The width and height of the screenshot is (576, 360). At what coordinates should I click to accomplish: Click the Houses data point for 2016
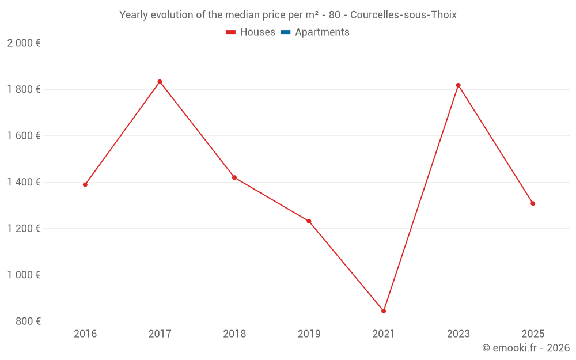click(x=85, y=185)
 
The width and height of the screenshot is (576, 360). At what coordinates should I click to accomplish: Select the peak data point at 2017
click(x=160, y=82)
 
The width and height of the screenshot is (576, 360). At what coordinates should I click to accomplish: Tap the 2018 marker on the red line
click(x=234, y=177)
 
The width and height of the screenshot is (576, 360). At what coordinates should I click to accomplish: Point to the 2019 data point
click(x=309, y=221)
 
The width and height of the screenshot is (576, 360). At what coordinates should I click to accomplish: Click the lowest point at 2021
click(x=384, y=311)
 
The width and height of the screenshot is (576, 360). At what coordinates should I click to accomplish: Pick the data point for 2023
click(x=458, y=85)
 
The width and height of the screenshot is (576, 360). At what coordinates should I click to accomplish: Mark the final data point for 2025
click(x=533, y=203)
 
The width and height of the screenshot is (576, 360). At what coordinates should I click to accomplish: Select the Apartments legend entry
click(x=321, y=32)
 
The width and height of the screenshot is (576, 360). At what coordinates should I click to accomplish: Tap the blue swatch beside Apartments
click(x=285, y=32)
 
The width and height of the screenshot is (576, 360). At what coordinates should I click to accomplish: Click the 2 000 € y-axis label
click(x=24, y=43)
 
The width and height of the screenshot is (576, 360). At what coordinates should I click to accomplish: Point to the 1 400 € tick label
click(x=24, y=182)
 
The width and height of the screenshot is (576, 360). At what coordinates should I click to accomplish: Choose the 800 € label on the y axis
click(x=27, y=321)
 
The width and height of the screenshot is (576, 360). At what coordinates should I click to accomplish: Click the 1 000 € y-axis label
click(x=24, y=275)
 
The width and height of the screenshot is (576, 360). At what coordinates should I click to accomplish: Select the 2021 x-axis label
click(x=384, y=334)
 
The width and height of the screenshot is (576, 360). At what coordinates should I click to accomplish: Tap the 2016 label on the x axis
click(x=85, y=334)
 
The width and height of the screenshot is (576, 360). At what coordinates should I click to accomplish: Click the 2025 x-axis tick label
click(x=533, y=334)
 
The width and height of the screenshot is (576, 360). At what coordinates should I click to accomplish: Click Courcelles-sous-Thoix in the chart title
click(x=403, y=15)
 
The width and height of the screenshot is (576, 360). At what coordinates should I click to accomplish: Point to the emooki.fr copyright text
click(x=526, y=348)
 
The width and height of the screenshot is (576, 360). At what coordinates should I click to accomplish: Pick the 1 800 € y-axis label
click(x=24, y=89)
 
